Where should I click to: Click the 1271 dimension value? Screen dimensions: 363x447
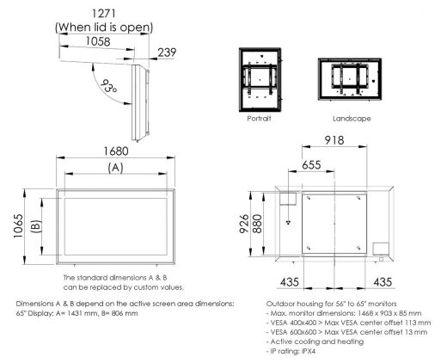coord(104,14)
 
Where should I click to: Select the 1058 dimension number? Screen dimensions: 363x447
coord(97,40)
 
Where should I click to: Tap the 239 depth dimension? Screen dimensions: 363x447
coord(168,52)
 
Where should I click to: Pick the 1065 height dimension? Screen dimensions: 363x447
coord(15,226)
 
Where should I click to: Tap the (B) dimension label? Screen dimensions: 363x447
coord(36,226)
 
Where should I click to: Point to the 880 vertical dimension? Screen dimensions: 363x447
coord(256,225)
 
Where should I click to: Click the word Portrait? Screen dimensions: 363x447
coord(259,118)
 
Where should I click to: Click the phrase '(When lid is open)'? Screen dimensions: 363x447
coord(104,27)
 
